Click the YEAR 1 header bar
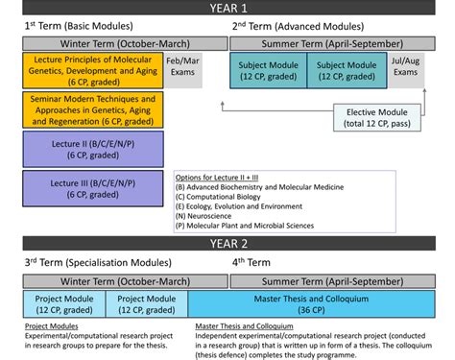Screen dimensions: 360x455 pyautogui.click(x=227, y=8)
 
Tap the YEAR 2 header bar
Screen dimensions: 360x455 pyautogui.click(x=227, y=243)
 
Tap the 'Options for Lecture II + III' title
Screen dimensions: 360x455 pyautogui.click(x=224, y=177)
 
